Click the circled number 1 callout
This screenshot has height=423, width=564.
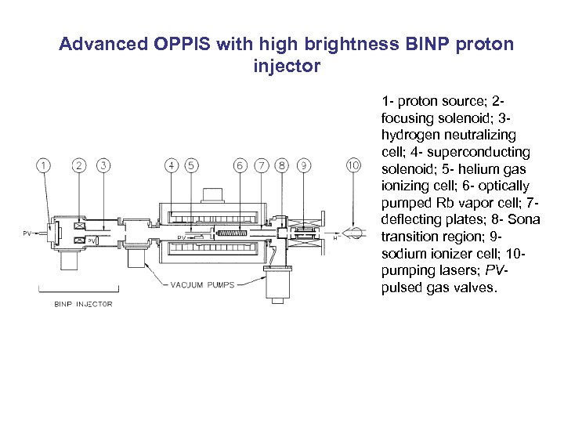pyautogui.click(x=43, y=165)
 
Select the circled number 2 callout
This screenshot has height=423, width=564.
pyautogui.click(x=79, y=165)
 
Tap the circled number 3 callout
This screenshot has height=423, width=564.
pyautogui.click(x=103, y=165)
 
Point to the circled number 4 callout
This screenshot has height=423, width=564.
pyautogui.click(x=172, y=165)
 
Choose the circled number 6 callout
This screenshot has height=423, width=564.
pyautogui.click(x=240, y=165)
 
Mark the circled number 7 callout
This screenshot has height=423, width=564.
pyautogui.click(x=262, y=165)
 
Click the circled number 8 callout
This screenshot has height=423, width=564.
pyautogui.click(x=282, y=165)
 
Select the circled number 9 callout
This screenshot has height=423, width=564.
pyautogui.click(x=304, y=165)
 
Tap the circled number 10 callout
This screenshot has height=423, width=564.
pyautogui.click(x=354, y=165)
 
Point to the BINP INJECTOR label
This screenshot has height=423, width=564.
pyautogui.click(x=82, y=304)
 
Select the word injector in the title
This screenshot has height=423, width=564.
pyautogui.click(x=287, y=66)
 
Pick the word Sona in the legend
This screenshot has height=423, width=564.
pyautogui.click(x=524, y=219)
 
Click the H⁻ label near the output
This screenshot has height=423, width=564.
pyautogui.click(x=337, y=237)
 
